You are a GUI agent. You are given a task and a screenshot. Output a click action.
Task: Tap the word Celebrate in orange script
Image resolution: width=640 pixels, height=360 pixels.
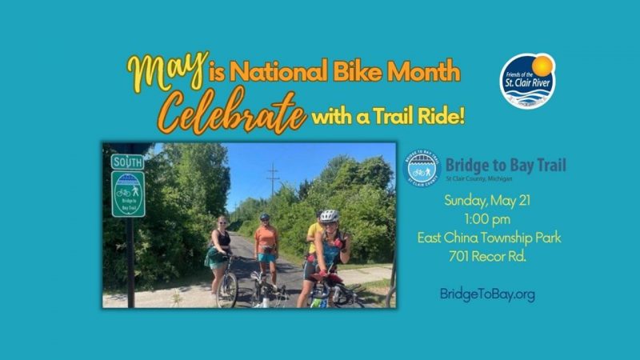(232, 112)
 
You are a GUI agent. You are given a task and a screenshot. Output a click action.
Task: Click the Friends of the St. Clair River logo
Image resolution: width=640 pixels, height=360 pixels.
(527, 80)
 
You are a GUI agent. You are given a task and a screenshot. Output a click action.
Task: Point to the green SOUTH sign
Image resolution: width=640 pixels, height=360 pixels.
(127, 162)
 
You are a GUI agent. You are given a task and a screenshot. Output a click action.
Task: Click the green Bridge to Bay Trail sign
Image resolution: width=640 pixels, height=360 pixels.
(128, 194)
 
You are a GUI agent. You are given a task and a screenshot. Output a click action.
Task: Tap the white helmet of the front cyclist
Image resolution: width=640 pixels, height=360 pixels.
(329, 216)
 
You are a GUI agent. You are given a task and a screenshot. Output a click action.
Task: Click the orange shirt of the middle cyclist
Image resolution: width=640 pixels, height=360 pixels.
(266, 236)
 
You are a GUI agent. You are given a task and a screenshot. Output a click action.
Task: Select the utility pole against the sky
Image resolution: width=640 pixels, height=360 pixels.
(273, 179)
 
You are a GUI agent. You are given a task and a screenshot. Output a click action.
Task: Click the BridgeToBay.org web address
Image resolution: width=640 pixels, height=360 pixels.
(487, 294)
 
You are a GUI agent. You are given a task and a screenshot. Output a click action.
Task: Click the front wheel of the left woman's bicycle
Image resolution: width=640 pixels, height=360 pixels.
(227, 290)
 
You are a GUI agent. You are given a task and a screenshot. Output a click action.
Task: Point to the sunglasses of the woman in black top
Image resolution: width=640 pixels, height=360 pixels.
(222, 222)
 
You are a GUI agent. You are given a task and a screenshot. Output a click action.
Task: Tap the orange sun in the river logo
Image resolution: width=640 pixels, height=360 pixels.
(542, 65)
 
